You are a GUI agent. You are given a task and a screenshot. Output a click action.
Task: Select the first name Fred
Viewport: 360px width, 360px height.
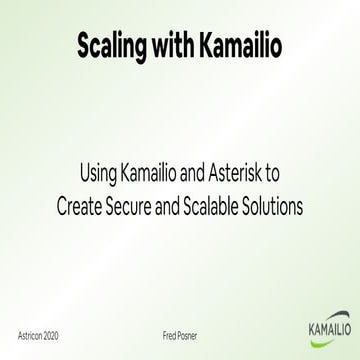click(x=170, y=326)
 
